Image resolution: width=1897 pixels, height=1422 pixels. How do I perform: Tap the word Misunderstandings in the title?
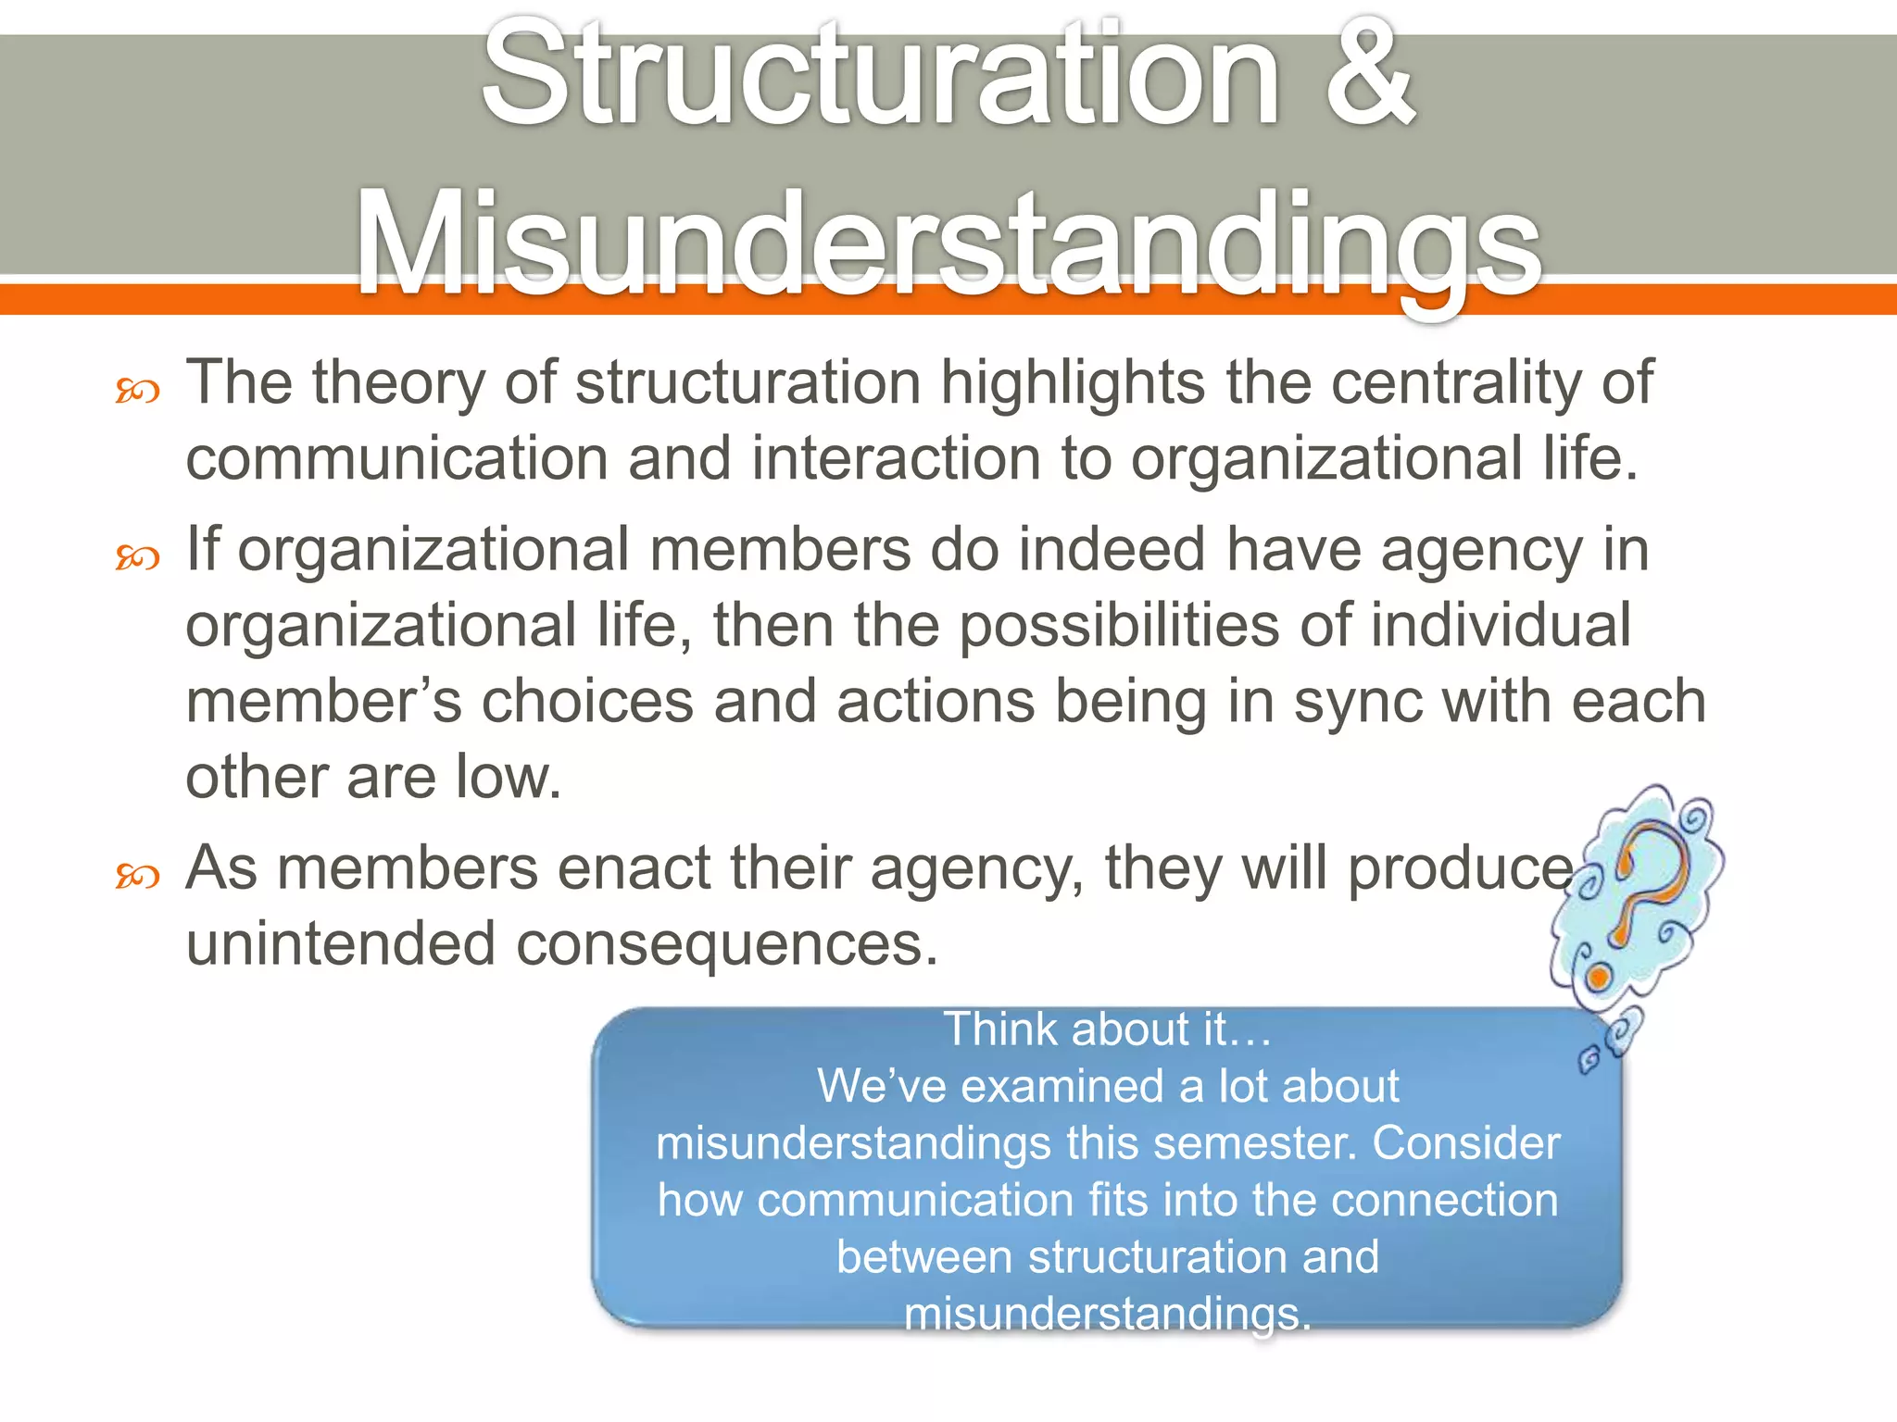pos(948,243)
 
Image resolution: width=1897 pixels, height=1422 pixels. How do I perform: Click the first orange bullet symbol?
pos(137,392)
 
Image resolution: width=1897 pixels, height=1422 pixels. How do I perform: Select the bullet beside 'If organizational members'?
pos(137,557)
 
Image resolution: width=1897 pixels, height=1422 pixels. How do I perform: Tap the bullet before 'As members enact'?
pos(137,875)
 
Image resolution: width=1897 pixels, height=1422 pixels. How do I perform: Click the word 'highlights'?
pos(1073,382)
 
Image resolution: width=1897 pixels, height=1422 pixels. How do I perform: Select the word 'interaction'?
pos(896,458)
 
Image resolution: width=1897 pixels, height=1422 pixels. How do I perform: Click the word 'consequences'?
pos(727,944)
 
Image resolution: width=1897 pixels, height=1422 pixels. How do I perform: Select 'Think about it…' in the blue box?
pos(1107,1029)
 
